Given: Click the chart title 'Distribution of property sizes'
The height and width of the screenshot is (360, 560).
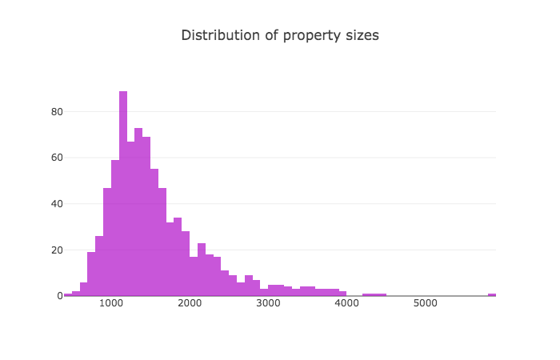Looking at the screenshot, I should pyautogui.click(x=279, y=35).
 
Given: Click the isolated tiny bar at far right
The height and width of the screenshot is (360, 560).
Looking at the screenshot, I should pyautogui.click(x=492, y=294).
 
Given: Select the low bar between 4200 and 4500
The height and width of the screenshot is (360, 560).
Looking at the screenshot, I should pyautogui.click(x=374, y=294).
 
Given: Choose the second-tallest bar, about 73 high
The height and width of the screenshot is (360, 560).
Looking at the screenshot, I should pyautogui.click(x=138, y=212).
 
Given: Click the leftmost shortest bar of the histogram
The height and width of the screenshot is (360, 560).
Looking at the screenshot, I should pyautogui.click(x=68, y=294).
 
